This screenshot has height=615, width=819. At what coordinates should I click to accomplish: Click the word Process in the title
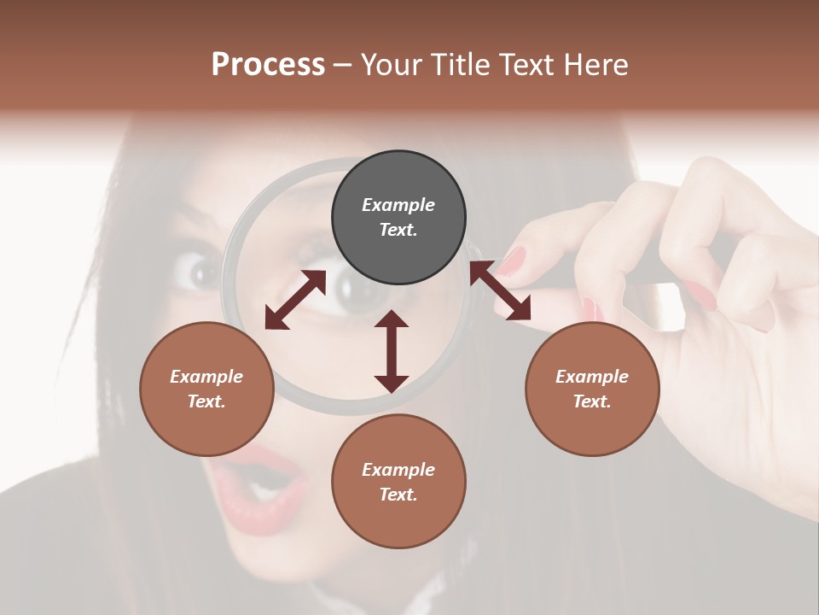pos(268,65)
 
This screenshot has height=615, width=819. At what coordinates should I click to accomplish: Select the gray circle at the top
pos(398,217)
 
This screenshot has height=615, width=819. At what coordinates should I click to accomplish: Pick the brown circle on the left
pos(206,389)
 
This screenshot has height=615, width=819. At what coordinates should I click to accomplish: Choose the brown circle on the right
pos(592,389)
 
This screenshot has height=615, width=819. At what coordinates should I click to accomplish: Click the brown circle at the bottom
pos(398,481)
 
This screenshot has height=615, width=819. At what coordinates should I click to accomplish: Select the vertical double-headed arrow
pos(392,351)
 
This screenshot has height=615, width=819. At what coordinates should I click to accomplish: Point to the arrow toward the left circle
pos(295,299)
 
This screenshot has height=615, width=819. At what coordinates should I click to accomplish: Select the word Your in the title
pos(390,65)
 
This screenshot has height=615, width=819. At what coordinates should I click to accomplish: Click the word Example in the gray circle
pos(398,205)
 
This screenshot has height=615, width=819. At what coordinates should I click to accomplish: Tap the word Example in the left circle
pos(206,377)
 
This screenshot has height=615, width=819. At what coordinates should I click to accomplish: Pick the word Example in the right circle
pos(592,377)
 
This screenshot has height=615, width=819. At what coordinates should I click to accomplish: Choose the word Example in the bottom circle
pos(398,470)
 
